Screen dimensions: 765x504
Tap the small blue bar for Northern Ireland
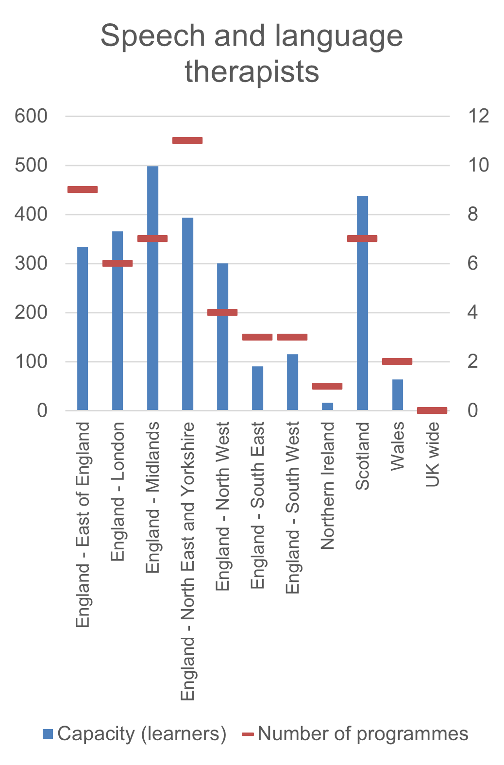[327, 406]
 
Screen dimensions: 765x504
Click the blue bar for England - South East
[257, 388]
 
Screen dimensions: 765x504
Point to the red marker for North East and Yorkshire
[187, 140]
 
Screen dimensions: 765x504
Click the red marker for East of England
[83, 189]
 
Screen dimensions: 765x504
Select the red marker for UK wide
[432, 410]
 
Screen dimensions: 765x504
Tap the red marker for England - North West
[222, 312]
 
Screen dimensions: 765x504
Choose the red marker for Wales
[397, 361]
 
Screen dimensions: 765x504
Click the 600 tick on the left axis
[31, 116]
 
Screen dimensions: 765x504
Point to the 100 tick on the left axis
[31, 361]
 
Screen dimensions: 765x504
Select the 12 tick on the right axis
[478, 116]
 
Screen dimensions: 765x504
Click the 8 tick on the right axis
[473, 214]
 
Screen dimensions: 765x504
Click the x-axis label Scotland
[363, 456]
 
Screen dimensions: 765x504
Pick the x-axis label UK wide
[432, 455]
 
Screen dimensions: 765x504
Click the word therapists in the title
[252, 71]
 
